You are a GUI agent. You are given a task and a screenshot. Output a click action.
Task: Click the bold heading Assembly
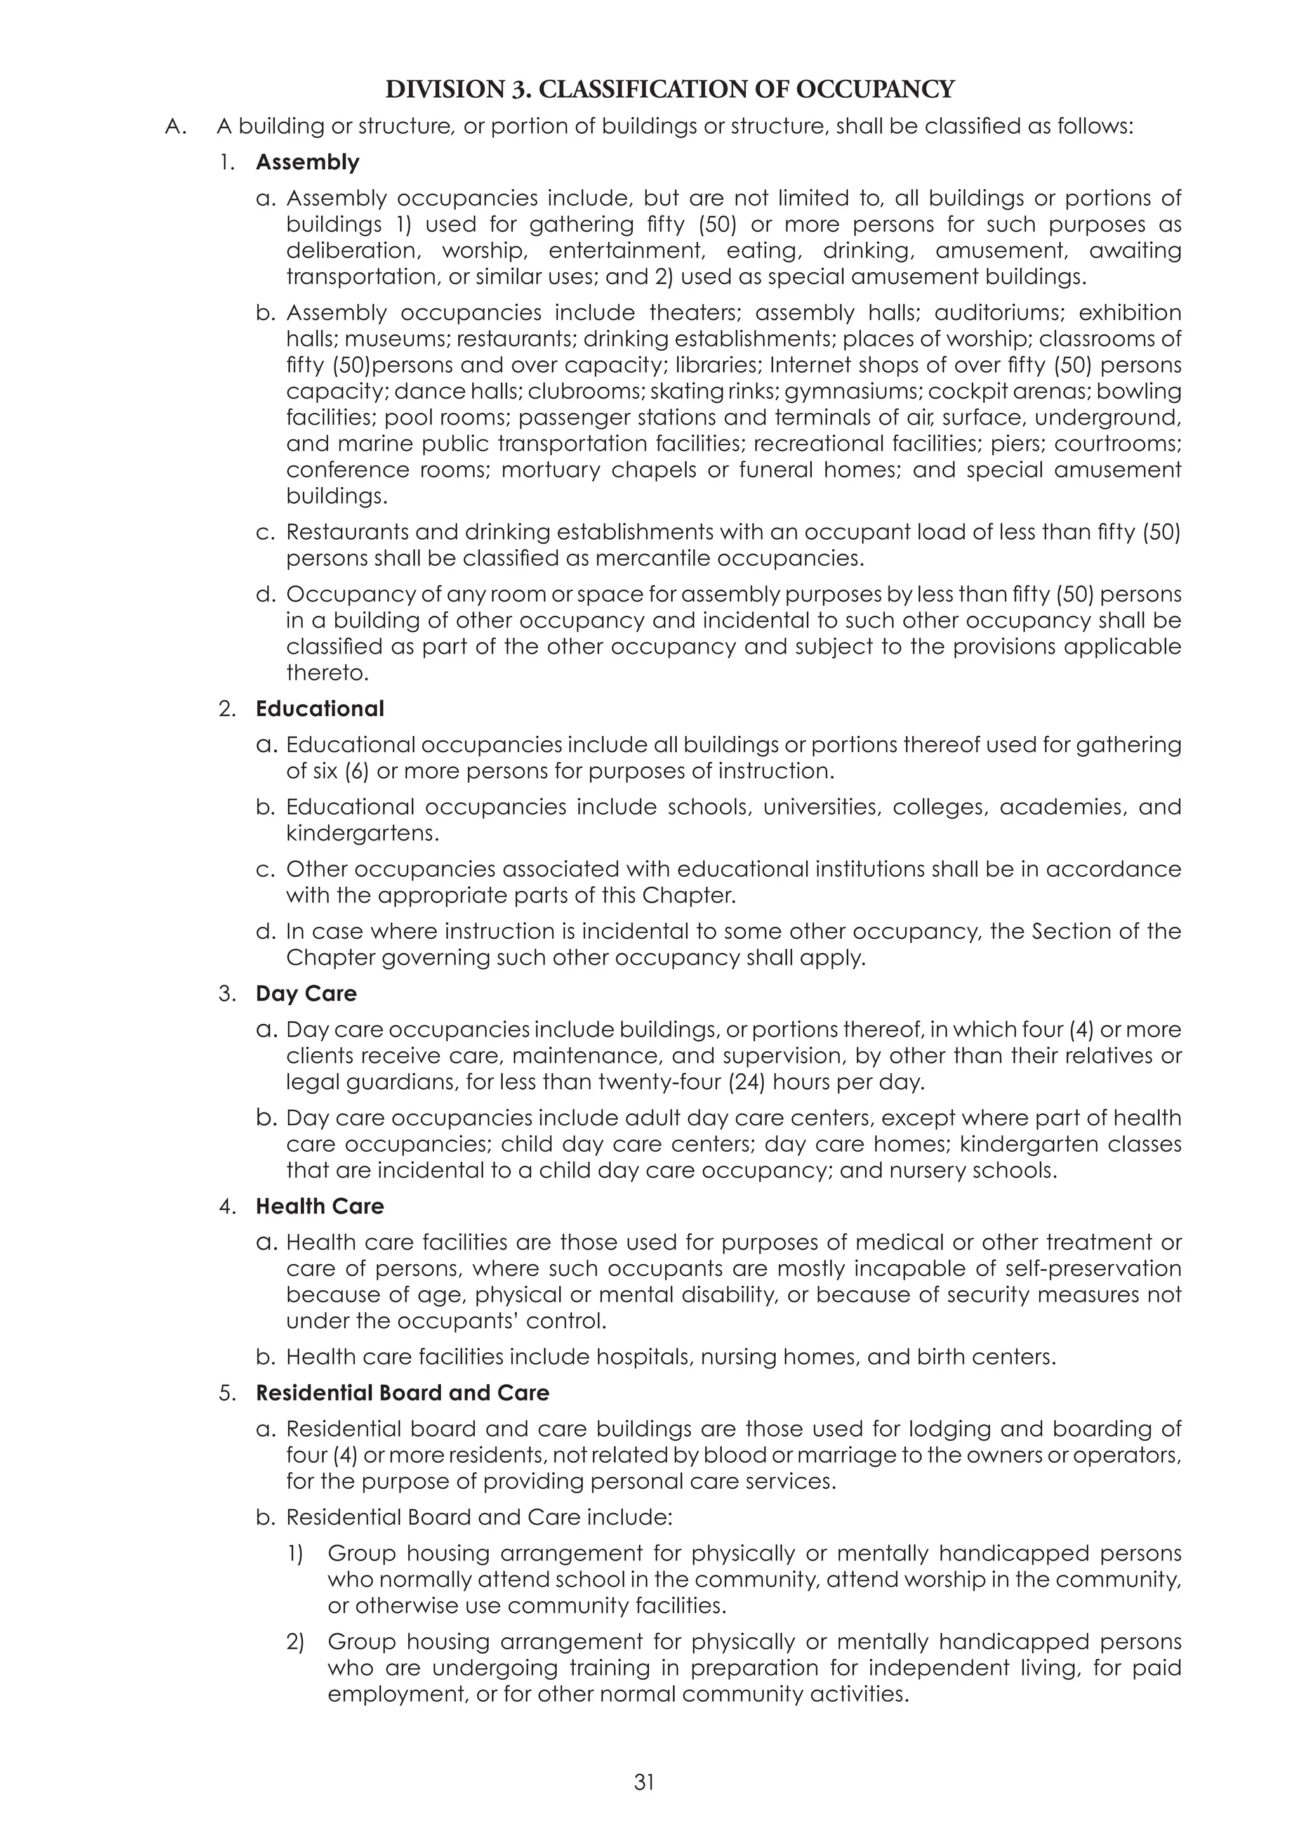[307, 162]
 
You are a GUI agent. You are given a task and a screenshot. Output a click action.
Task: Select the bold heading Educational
[319, 709]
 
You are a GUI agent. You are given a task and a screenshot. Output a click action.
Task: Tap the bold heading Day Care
[306, 994]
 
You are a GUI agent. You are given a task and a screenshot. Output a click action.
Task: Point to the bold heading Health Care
[319, 1206]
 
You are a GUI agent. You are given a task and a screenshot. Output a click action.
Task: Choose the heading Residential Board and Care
[402, 1393]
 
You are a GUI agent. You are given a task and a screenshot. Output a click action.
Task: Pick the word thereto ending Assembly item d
[328, 673]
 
